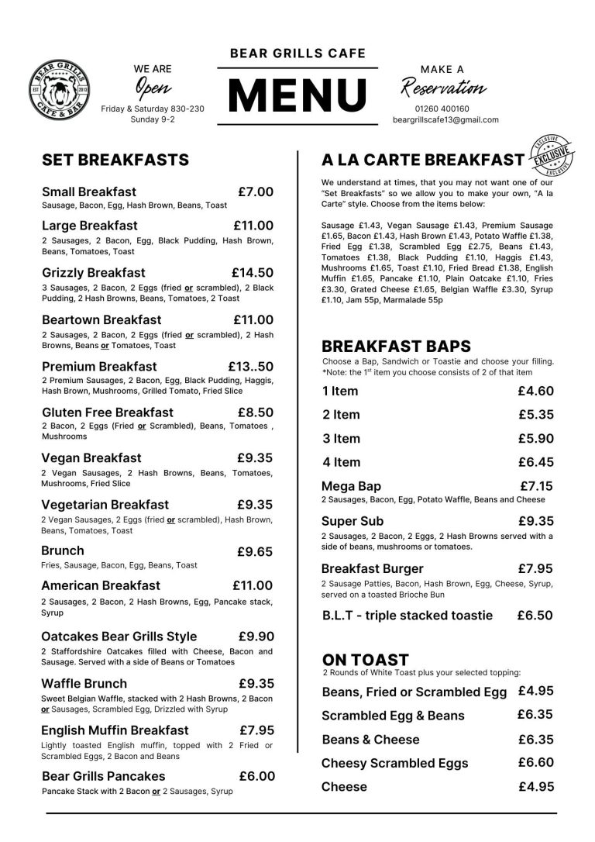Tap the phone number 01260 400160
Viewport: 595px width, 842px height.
pyautogui.click(x=442, y=109)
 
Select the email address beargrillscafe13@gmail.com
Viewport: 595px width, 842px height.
pyautogui.click(x=445, y=120)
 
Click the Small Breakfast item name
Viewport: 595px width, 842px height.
pyautogui.click(x=89, y=192)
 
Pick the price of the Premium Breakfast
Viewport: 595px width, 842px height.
pyautogui.click(x=250, y=366)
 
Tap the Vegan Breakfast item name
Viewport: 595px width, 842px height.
pyautogui.click(x=91, y=458)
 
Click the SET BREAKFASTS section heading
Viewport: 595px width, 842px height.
pyautogui.click(x=115, y=160)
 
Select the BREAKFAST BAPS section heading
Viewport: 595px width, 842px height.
pyautogui.click(x=396, y=346)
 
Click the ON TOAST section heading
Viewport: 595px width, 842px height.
pyautogui.click(x=365, y=660)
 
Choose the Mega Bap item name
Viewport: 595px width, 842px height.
pyautogui.click(x=351, y=486)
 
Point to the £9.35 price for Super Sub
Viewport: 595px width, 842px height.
pyautogui.click(x=535, y=521)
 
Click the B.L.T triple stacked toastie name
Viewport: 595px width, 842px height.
pyautogui.click(x=407, y=616)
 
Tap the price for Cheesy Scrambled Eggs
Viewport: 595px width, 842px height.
pyautogui.click(x=535, y=762)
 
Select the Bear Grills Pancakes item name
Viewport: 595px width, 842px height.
pyautogui.click(x=103, y=776)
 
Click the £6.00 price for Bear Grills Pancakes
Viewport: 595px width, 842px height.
pyautogui.click(x=256, y=776)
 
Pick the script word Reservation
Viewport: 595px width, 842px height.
pyautogui.click(x=443, y=87)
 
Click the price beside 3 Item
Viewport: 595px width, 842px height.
pyautogui.click(x=535, y=438)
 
